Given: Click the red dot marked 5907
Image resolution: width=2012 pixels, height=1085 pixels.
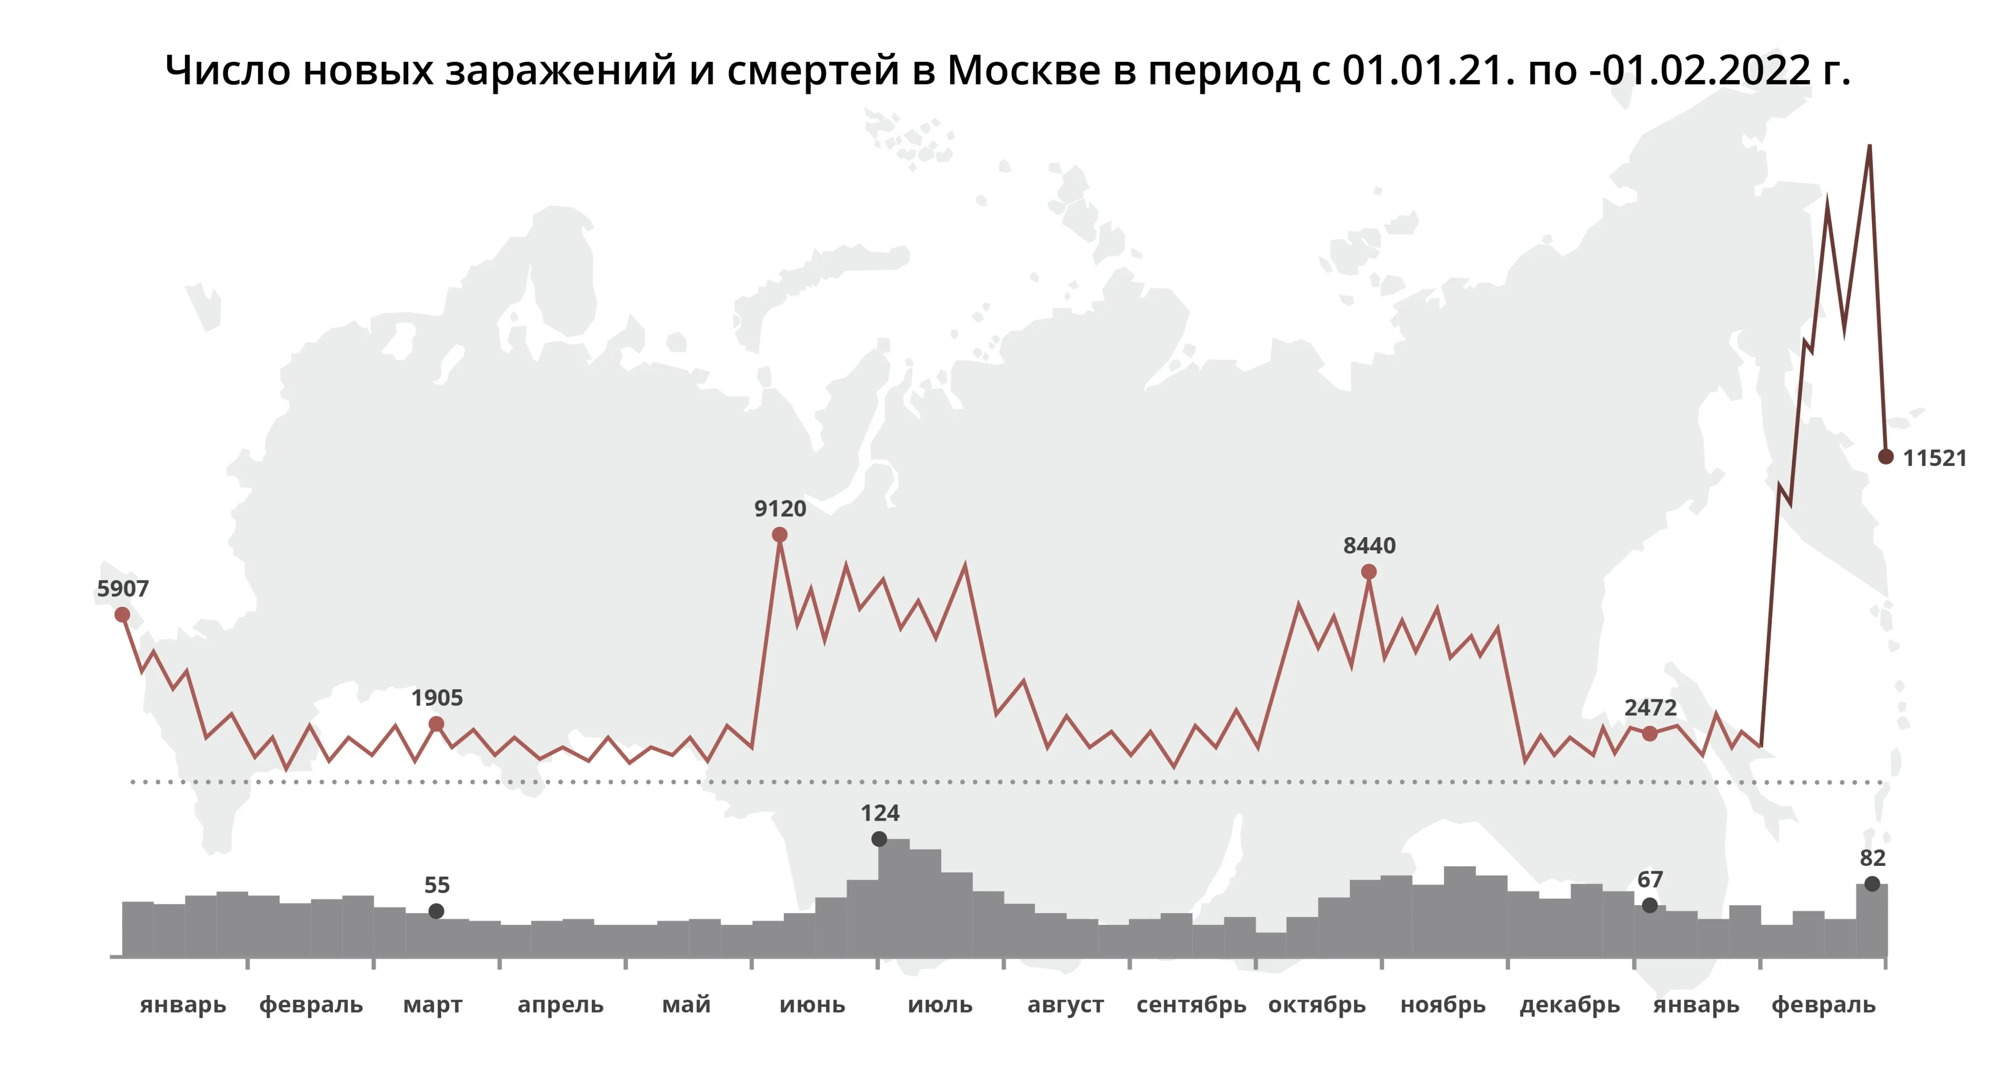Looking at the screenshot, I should click(x=122, y=615).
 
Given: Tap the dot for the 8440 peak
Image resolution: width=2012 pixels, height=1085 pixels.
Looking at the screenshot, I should click(x=1369, y=572).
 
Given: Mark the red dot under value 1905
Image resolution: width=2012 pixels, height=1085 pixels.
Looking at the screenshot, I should click(x=437, y=724).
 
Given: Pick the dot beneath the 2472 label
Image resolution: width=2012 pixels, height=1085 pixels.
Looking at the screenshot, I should click(x=1649, y=734).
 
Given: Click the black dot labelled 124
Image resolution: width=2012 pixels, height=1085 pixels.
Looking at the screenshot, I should click(x=879, y=839).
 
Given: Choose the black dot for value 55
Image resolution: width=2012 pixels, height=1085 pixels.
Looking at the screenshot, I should click(x=437, y=911).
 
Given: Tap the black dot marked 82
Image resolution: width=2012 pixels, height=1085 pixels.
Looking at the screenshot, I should click(x=1872, y=884).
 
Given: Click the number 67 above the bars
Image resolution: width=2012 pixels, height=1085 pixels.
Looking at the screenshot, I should click(x=1649, y=880).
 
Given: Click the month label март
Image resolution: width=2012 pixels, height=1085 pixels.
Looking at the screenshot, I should click(x=433, y=1004).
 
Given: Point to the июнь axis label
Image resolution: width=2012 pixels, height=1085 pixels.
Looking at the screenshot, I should click(x=812, y=1004).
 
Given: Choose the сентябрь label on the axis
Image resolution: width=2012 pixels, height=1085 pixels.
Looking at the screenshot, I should click(x=1191, y=1004).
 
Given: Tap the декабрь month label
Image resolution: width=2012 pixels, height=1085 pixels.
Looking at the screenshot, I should click(x=1570, y=1004).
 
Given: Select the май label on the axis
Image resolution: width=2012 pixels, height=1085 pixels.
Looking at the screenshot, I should click(x=687, y=1004).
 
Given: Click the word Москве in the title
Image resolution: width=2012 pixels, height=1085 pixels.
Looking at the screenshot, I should click(x=1023, y=70).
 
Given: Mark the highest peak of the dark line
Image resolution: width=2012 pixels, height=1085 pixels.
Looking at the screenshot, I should click(x=1869, y=146).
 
